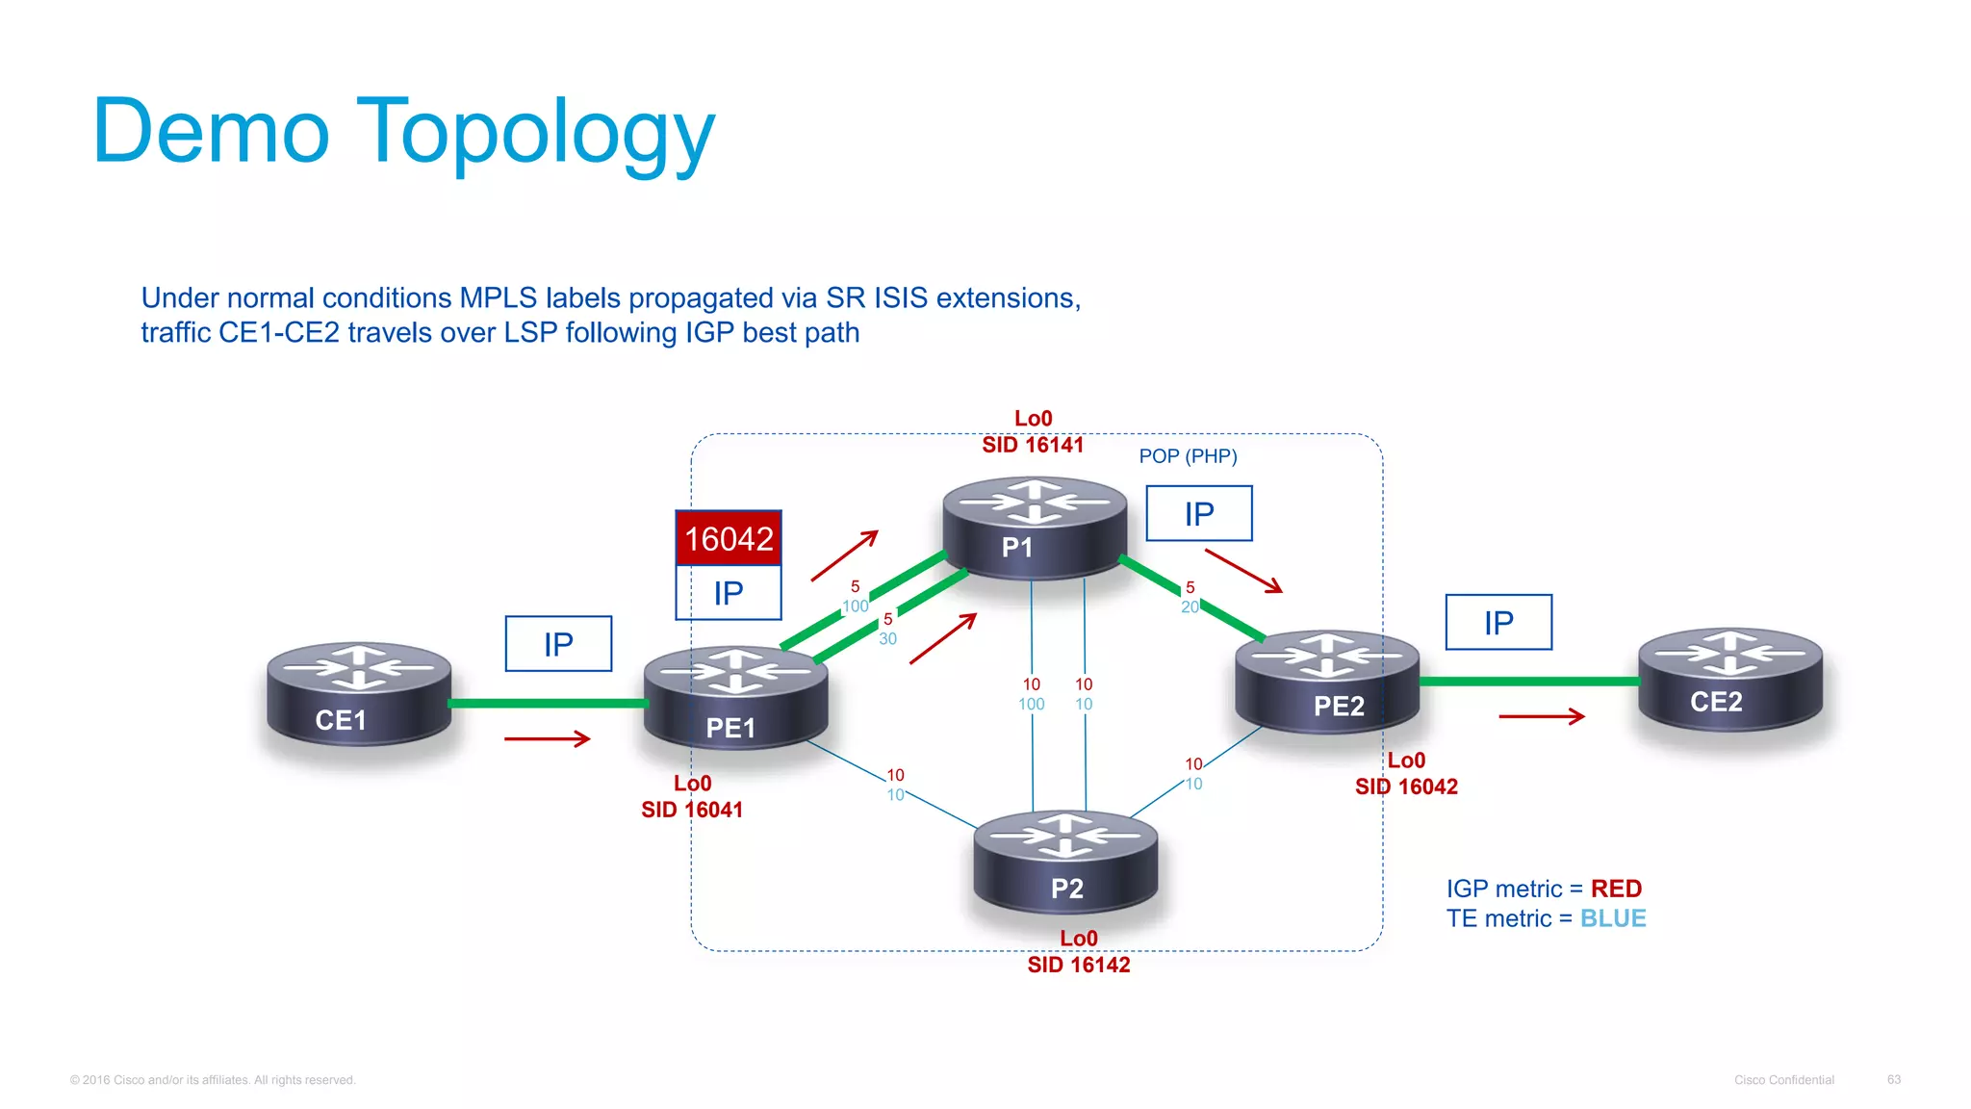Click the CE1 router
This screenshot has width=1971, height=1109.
[358, 694]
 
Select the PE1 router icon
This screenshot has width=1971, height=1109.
[735, 699]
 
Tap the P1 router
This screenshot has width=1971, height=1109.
[1034, 528]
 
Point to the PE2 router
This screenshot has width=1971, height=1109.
[1327, 682]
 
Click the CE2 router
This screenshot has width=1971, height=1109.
[1729, 680]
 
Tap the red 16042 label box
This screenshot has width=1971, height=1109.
[729, 538]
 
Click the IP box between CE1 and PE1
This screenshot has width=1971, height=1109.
[558, 644]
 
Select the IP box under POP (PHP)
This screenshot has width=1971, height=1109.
[1198, 514]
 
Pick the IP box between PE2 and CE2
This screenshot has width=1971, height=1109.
[1498, 623]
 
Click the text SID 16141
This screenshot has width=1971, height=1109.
[1033, 445]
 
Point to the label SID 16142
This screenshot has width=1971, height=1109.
[1078, 965]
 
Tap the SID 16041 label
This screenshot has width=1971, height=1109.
[692, 810]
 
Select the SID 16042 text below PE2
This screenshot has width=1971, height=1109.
[1406, 787]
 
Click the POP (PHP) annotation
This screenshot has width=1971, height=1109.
[1188, 456]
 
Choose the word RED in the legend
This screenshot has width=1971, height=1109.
[1616, 889]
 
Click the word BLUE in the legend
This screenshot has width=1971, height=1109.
[1612, 918]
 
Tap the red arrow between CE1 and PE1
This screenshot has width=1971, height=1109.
[547, 738]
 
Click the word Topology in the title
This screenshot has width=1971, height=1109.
[536, 133]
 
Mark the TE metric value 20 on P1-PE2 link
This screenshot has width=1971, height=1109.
[1190, 607]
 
